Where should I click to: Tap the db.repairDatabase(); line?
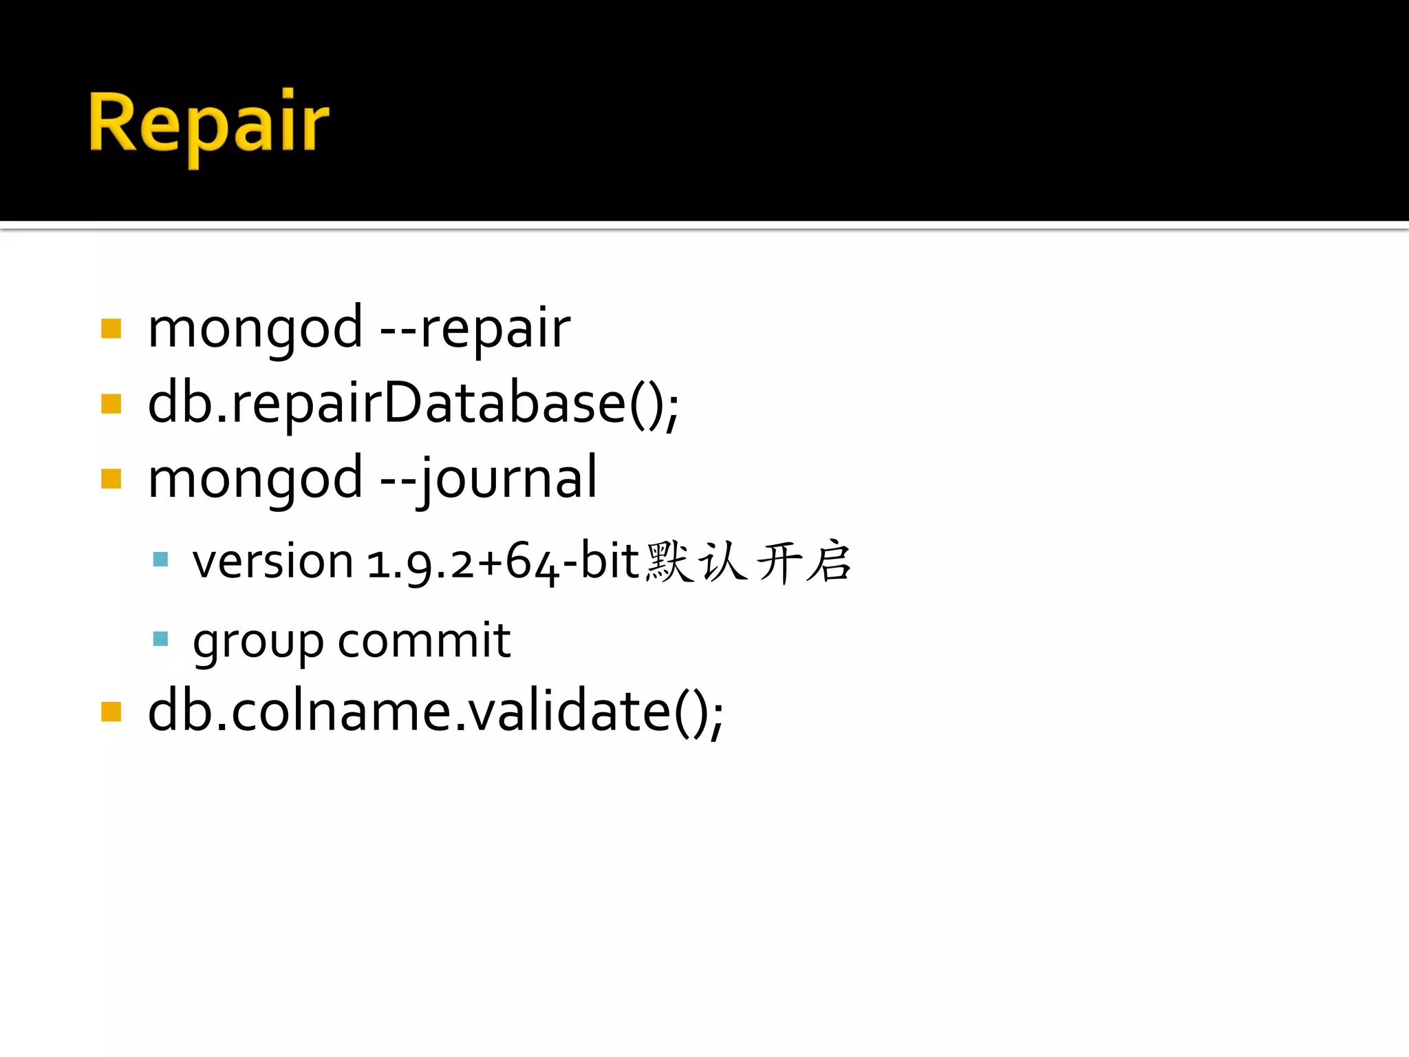tap(413, 405)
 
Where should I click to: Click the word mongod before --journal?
tap(255, 480)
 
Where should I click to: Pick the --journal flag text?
tap(489, 480)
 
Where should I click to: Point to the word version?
tap(272, 562)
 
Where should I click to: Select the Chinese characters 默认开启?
tap(749, 562)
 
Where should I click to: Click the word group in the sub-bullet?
tap(258, 642)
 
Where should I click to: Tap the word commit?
tap(424, 641)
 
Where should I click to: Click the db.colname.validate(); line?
tap(435, 712)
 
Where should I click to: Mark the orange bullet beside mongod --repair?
tap(111, 329)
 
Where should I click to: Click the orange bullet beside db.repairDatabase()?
tap(111, 403)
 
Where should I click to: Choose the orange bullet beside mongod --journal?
tap(111, 478)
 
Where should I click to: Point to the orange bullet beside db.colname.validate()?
tap(111, 712)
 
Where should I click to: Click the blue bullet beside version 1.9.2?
tap(160, 559)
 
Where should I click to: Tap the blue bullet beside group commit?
tap(160, 639)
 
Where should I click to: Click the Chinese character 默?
tap(669, 562)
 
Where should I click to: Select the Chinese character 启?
tap(829, 562)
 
